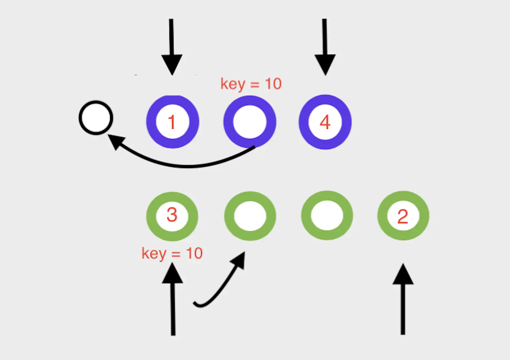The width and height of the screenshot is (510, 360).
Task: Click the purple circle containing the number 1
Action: pyautogui.click(x=172, y=122)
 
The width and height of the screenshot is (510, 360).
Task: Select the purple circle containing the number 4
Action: pyautogui.click(x=325, y=122)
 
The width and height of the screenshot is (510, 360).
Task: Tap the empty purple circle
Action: pyautogui.click(x=250, y=122)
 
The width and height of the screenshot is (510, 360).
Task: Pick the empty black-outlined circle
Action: pyautogui.click(x=96, y=118)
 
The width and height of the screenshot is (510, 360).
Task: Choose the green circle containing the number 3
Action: pyautogui.click(x=172, y=216)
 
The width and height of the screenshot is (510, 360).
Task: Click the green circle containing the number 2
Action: pyautogui.click(x=403, y=216)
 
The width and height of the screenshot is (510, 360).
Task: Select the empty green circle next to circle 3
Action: pyautogui.click(x=250, y=216)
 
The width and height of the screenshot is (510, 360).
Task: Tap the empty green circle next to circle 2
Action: pyautogui.click(x=327, y=215)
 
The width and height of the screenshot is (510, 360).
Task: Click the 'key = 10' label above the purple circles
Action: pyautogui.click(x=251, y=84)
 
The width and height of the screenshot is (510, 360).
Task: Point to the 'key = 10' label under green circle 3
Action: pyautogui.click(x=172, y=254)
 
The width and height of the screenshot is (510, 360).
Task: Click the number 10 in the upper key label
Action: pyautogui.click(x=273, y=84)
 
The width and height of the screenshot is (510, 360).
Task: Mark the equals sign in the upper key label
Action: pyautogui.click(x=255, y=85)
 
